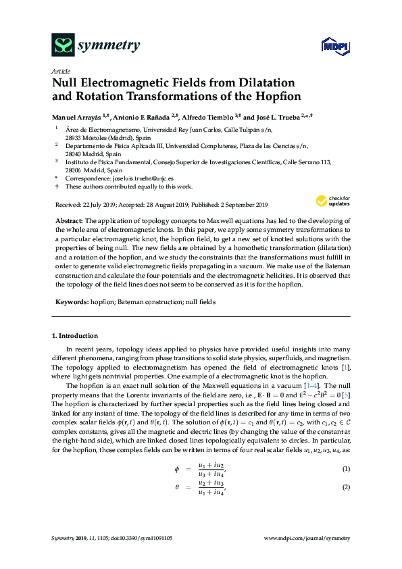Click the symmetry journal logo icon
tap(63, 46)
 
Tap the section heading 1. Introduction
tap(74, 336)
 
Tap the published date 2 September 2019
tap(240, 204)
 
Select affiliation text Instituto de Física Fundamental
tap(112, 162)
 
